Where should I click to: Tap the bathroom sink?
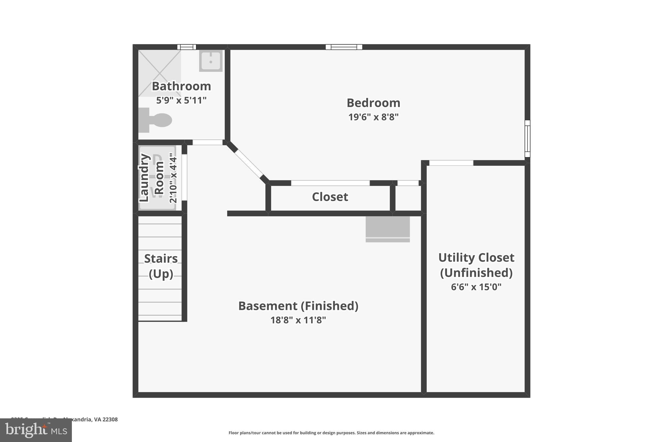(211, 61)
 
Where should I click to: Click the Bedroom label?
(373, 103)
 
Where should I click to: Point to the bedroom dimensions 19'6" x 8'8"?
(373, 117)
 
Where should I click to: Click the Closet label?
(330, 197)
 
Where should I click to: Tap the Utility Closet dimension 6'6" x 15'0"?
(476, 287)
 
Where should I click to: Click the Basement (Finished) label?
(298, 306)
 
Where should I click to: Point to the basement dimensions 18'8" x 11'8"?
(298, 320)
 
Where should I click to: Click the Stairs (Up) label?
(161, 266)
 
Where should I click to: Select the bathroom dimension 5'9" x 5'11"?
(181, 100)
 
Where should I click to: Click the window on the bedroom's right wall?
(527, 139)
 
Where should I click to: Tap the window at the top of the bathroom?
(187, 47)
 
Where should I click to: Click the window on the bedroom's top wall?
(344, 47)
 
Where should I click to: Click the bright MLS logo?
(36, 430)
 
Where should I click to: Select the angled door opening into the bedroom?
(249, 164)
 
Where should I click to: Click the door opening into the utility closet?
(451, 163)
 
